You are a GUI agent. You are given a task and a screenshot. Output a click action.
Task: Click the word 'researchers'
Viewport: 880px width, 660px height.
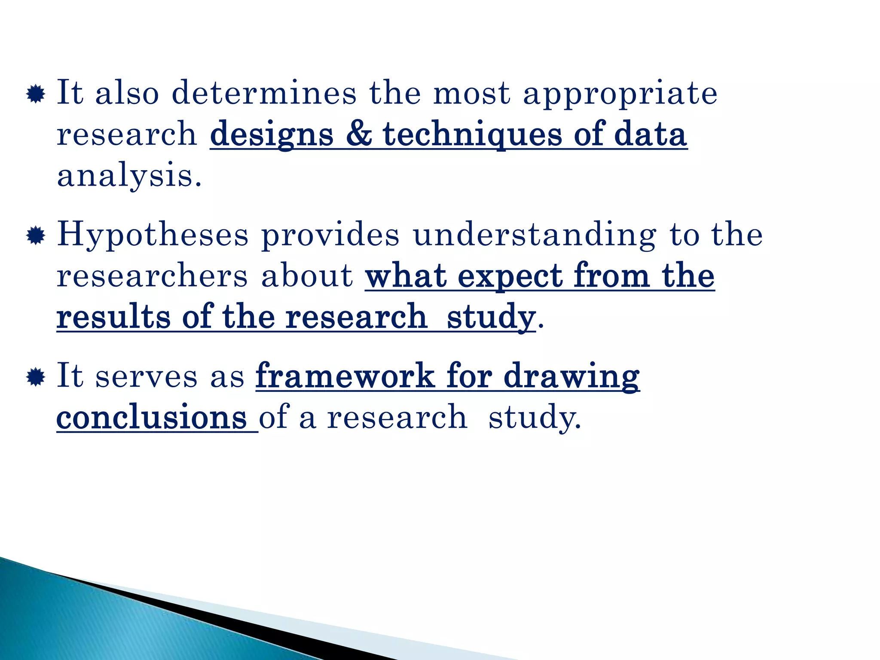153,276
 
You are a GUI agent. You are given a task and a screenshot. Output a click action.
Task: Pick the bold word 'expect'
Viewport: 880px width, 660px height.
510,277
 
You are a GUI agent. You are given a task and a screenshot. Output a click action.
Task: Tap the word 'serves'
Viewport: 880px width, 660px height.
146,376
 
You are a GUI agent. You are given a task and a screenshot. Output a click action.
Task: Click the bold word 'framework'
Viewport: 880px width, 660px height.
345,376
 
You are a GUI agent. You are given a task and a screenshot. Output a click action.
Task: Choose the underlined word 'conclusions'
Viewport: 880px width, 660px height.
152,417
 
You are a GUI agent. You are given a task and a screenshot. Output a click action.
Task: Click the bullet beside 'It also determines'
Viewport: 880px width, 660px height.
36,94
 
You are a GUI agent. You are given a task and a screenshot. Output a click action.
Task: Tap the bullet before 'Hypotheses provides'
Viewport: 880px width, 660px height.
36,236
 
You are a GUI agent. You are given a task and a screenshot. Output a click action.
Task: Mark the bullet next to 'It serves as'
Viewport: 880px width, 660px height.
36,377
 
